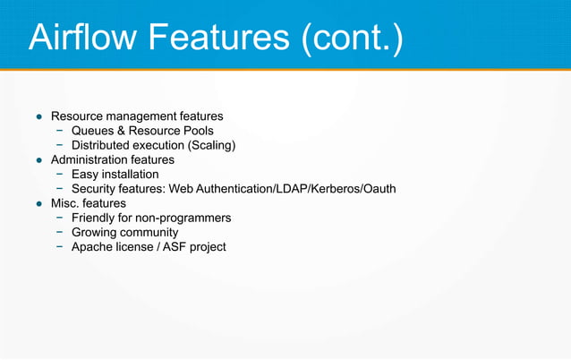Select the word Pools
[196, 131]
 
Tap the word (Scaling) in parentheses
[207, 145]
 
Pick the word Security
[96, 189]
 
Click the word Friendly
[96, 219]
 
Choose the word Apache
[95, 247]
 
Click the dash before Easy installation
[59, 175]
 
